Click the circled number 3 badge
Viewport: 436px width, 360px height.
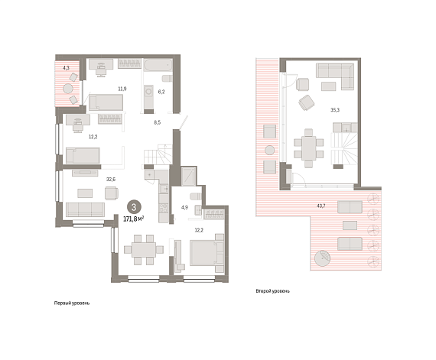tap(134, 207)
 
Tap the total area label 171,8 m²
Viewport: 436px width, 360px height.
tap(134, 219)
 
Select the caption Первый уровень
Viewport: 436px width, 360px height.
tap(72, 303)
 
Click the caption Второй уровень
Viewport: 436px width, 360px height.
tap(272, 291)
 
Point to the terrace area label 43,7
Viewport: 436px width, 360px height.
tap(321, 206)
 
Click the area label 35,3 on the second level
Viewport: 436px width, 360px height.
tap(335, 110)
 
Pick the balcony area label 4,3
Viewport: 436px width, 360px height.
tap(66, 68)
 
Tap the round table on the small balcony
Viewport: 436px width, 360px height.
tap(68, 89)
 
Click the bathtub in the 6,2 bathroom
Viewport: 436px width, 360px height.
tap(158, 65)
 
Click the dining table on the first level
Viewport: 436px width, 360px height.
tap(144, 250)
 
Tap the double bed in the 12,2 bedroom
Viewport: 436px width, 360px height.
tap(207, 253)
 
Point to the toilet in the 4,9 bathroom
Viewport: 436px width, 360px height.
tap(196, 196)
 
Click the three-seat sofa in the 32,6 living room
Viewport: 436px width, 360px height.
tap(85, 209)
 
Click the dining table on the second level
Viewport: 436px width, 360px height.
tap(308, 148)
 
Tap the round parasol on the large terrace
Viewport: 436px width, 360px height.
tap(322, 258)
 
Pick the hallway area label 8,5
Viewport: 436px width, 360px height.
tap(157, 122)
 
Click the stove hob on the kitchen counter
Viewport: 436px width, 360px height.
tap(164, 208)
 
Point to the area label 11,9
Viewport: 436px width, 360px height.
tap(122, 89)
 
